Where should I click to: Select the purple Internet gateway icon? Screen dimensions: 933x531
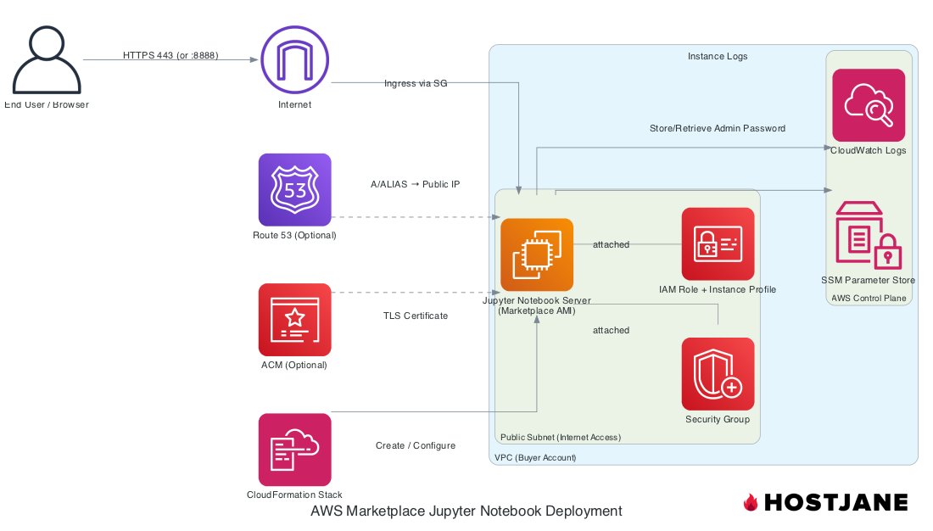tap(294, 59)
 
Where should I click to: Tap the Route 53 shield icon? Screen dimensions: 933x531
tap(294, 190)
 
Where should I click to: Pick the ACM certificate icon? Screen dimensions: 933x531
tap(294, 320)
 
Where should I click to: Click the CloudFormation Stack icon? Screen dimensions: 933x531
tap(294, 450)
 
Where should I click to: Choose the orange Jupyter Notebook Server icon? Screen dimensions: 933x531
tap(537, 254)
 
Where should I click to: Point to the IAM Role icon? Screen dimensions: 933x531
tap(718, 243)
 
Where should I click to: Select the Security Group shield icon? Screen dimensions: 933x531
tap(718, 374)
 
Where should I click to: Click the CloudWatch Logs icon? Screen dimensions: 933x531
tap(869, 105)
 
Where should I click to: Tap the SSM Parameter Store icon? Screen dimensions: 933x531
tap(869, 235)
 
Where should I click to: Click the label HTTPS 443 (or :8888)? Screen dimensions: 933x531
tap(170, 55)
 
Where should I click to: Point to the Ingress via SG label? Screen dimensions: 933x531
tap(416, 83)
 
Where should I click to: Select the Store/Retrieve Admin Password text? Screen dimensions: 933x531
tap(718, 128)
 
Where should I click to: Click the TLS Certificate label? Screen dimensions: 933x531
tap(416, 316)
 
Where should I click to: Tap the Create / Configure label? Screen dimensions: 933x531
tap(416, 445)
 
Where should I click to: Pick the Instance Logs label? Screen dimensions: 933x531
tap(718, 56)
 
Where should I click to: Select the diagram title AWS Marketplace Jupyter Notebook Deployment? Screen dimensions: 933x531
tap(466, 511)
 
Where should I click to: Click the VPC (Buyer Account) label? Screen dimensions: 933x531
tap(535, 458)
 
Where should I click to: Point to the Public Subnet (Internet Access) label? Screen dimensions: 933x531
tap(561, 437)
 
